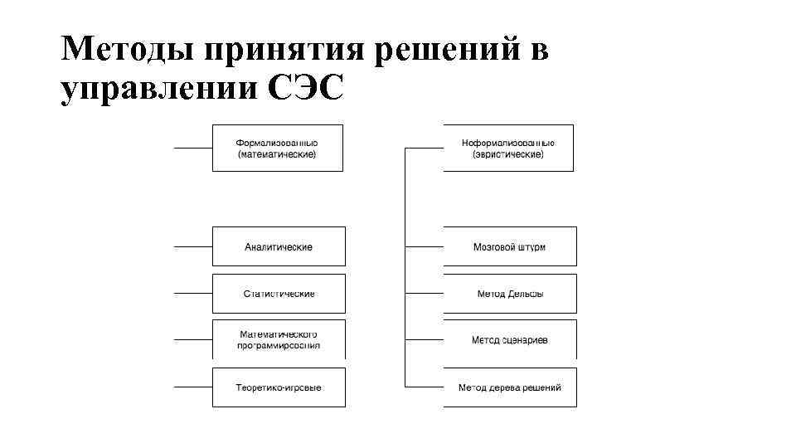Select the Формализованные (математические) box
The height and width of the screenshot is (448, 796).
[x=277, y=148]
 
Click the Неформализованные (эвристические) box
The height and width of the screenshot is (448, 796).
[x=507, y=148]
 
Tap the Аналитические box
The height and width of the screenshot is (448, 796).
[x=279, y=246]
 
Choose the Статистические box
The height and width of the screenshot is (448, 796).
[x=279, y=294]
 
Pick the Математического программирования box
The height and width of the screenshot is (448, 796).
[x=279, y=339]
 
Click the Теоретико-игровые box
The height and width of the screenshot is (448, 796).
[x=279, y=387]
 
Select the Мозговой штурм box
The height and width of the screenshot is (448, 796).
[x=509, y=246]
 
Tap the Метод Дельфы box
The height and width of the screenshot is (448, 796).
[x=509, y=294]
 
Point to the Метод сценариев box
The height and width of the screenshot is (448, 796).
[x=509, y=339]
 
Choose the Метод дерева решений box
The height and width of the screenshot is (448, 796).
[x=509, y=387]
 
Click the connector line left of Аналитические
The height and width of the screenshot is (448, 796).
[x=193, y=246]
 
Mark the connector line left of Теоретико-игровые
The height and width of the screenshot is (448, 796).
[x=193, y=387]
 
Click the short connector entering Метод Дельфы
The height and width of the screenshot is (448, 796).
[x=424, y=294]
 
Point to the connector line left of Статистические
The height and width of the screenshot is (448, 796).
[x=193, y=294]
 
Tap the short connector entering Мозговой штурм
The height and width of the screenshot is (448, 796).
[x=424, y=246]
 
